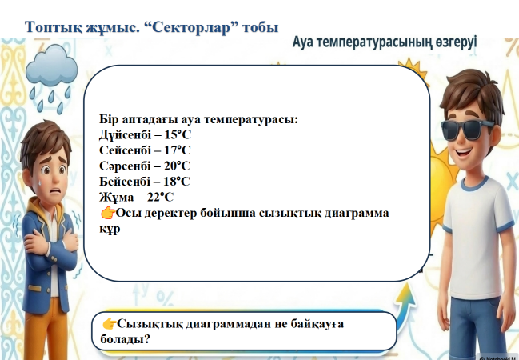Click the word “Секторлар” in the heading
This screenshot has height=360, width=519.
point(191,27)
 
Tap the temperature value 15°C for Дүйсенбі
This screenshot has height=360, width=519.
point(178,134)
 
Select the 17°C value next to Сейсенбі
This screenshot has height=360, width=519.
point(178,150)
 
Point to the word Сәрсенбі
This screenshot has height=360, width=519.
point(125,166)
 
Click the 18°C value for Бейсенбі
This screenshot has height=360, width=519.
point(177,182)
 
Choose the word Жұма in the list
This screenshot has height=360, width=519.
point(116,197)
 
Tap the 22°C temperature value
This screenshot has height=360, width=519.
point(160,197)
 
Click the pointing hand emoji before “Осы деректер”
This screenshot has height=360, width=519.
point(108,213)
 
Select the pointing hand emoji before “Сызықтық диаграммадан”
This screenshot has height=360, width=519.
point(109,323)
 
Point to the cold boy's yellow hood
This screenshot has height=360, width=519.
point(43,212)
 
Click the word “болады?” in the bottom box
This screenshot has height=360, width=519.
point(125,339)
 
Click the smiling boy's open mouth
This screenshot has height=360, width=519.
point(464,153)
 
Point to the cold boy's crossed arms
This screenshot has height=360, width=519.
point(50,243)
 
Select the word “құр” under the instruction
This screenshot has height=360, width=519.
point(110,230)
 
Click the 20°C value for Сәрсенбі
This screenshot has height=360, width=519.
point(177,166)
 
